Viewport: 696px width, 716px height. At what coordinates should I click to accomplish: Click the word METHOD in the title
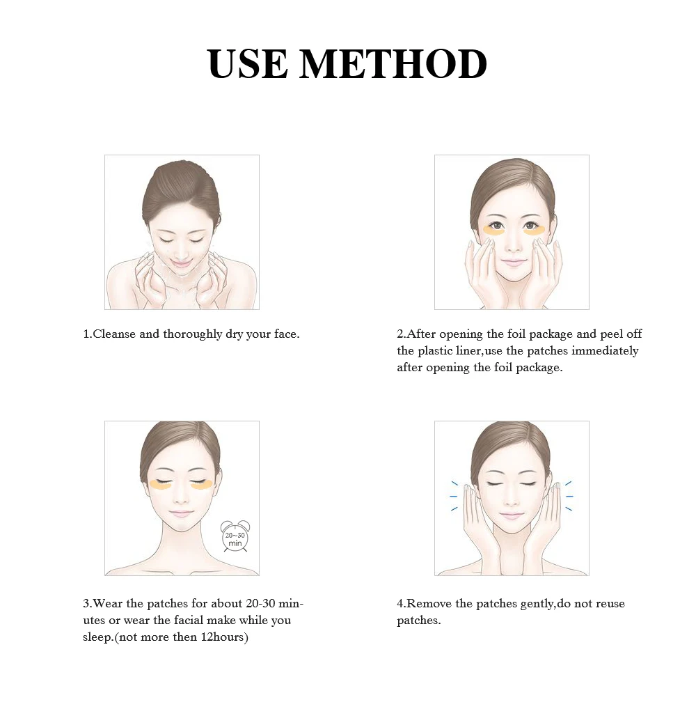(x=393, y=63)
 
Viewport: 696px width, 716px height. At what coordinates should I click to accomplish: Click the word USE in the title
(x=247, y=63)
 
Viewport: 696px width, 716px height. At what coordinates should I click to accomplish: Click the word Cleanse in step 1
(x=114, y=334)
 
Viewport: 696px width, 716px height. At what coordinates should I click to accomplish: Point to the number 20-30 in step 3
(x=260, y=603)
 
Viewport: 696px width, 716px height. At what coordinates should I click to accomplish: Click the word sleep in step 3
(x=97, y=638)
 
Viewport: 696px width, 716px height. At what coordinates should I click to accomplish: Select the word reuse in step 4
(x=609, y=604)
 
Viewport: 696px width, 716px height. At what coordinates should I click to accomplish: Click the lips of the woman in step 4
(x=512, y=516)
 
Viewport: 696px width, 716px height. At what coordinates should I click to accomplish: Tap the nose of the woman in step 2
(x=512, y=247)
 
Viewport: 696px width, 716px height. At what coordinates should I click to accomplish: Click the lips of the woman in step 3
(x=181, y=513)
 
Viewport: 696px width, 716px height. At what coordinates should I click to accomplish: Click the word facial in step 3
(x=189, y=620)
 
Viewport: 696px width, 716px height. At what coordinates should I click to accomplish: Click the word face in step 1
(x=285, y=334)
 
